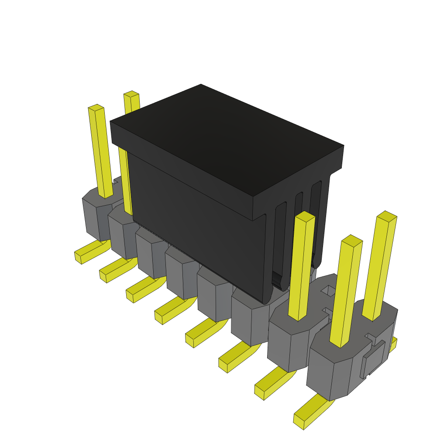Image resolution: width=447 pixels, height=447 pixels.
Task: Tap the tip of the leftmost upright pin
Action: (96, 107)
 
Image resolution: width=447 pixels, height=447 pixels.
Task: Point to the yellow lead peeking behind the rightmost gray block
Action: (393, 345)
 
